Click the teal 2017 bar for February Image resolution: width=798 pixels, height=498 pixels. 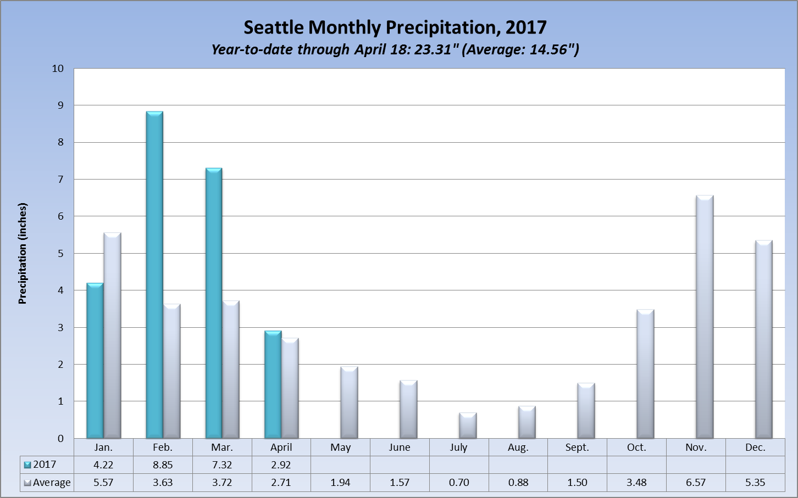click(154, 275)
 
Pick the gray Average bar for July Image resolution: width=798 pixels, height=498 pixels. click(468, 426)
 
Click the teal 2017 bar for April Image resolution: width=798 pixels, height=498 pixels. click(273, 384)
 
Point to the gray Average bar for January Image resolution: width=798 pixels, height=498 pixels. click(112, 335)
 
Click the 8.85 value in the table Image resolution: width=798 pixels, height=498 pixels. click(163, 465)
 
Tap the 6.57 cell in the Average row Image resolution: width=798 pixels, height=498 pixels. click(696, 483)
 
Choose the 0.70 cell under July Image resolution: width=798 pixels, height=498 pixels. click(459, 483)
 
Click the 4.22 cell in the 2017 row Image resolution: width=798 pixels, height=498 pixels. click(103, 465)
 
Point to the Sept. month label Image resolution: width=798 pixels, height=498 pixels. click(577, 447)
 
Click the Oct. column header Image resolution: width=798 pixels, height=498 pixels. click(636, 447)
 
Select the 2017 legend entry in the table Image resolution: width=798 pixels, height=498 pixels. click(44, 465)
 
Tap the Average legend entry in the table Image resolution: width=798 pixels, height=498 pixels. click(51, 483)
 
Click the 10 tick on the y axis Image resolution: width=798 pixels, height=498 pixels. click(58, 69)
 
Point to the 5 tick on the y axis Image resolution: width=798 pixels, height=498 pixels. click(60, 254)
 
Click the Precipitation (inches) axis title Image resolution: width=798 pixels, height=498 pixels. click(23, 254)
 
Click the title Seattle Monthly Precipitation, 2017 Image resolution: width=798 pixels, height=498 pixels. click(395, 27)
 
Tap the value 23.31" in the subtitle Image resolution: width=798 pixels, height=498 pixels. click(436, 49)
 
